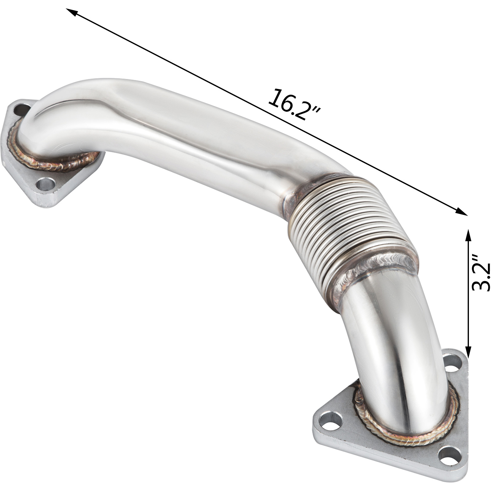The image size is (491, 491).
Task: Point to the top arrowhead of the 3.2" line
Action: coord(468,235)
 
